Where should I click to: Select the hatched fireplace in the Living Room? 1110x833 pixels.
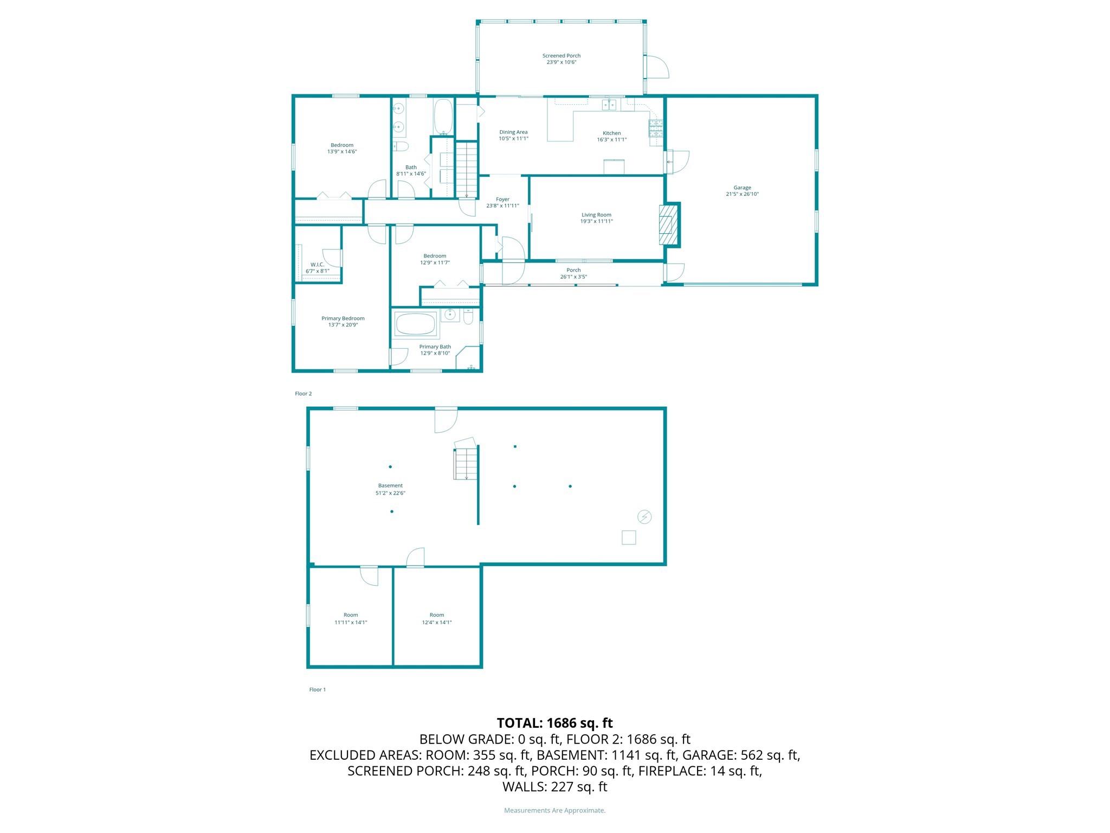[x=669, y=224]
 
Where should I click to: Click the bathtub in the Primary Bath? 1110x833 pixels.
[x=415, y=324]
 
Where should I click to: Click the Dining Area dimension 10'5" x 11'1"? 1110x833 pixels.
[x=513, y=139]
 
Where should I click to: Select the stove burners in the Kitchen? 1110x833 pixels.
[x=656, y=128]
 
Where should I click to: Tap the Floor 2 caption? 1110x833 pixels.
[x=303, y=394]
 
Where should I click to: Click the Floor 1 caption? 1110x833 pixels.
[x=317, y=690]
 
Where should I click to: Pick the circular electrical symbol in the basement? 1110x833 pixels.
[x=644, y=517]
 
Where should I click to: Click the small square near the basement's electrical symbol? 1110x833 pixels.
[x=629, y=537]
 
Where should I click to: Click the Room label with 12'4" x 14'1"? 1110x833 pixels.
[x=437, y=619]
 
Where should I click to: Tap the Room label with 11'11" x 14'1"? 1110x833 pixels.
[x=351, y=619]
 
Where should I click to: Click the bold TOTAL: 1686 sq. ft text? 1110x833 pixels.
[x=554, y=723]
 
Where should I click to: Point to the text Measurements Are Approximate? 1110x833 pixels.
[x=554, y=810]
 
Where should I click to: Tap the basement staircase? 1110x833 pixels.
[x=466, y=463]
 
